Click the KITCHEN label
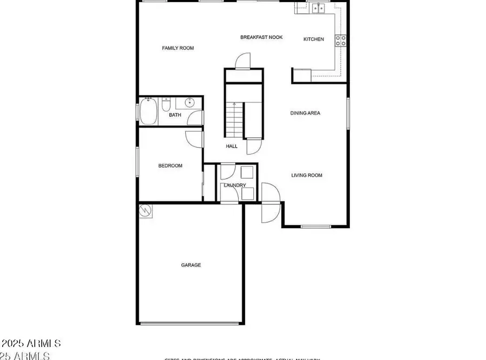click(314, 39)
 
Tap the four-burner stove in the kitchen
click(341, 41)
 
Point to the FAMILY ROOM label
click(178, 48)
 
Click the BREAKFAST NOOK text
click(261, 37)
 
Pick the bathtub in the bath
click(148, 111)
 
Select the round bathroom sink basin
click(190, 103)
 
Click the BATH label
click(175, 115)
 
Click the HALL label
click(232, 146)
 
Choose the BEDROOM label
click(170, 166)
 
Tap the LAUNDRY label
click(235, 185)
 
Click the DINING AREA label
click(305, 113)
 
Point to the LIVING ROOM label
click(307, 175)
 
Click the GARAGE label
click(191, 265)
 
